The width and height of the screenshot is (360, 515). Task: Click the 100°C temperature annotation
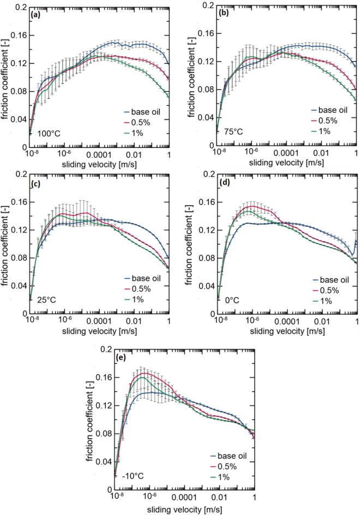(45, 133)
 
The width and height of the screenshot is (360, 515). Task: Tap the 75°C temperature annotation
(229, 131)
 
